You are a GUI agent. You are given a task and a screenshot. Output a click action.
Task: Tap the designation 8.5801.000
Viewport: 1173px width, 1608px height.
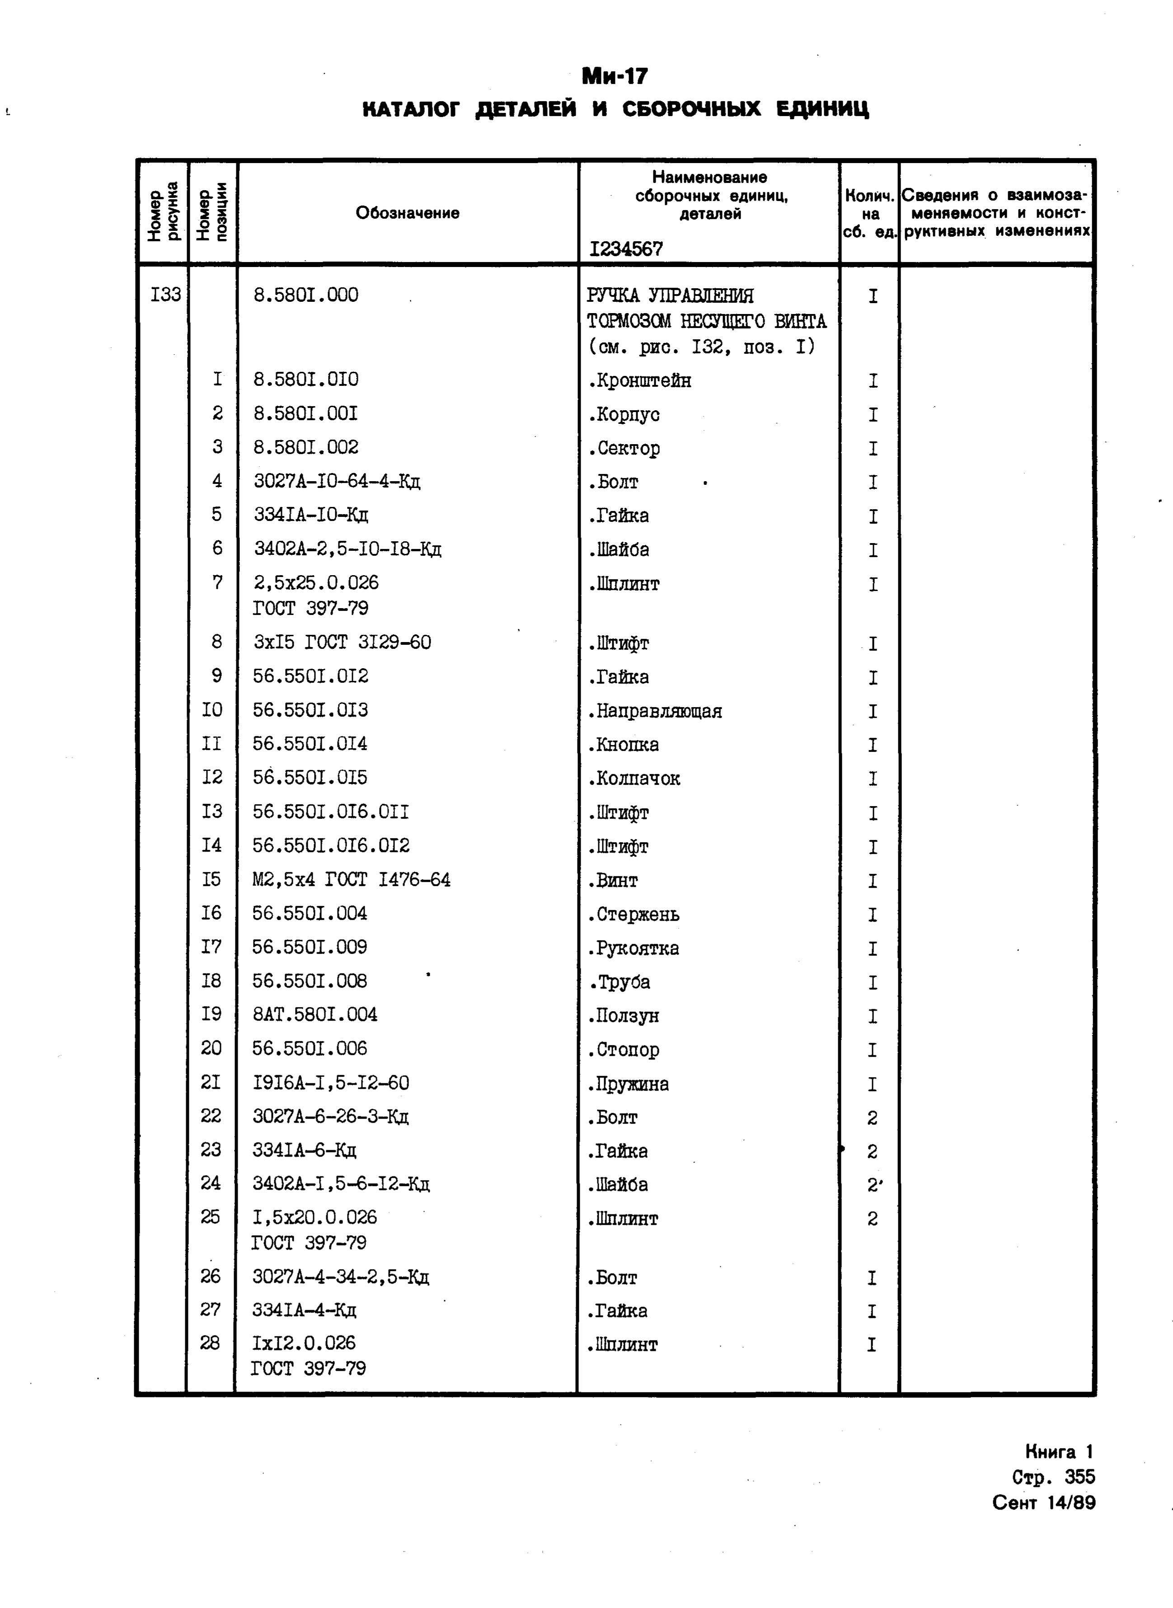(305, 295)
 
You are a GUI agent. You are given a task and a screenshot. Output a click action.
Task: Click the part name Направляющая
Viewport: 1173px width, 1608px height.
(655, 711)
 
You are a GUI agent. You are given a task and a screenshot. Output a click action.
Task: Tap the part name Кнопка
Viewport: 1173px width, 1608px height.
(624, 745)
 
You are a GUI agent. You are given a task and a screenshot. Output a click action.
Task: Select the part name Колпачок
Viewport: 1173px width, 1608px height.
(634, 779)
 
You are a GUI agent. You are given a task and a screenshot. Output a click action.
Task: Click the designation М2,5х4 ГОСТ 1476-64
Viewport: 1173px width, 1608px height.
(352, 880)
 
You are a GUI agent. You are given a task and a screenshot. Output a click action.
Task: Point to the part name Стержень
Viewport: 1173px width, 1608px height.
(633, 914)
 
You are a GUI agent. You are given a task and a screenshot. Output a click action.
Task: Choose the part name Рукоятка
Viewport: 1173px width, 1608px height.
(633, 948)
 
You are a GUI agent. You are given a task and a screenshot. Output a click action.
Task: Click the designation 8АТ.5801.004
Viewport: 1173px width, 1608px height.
(315, 1014)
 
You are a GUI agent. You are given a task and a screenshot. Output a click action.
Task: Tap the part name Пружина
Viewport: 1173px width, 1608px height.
(629, 1084)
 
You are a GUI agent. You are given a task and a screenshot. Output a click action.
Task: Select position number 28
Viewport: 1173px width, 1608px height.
(210, 1342)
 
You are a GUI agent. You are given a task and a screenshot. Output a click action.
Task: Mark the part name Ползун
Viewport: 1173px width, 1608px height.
(624, 1016)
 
